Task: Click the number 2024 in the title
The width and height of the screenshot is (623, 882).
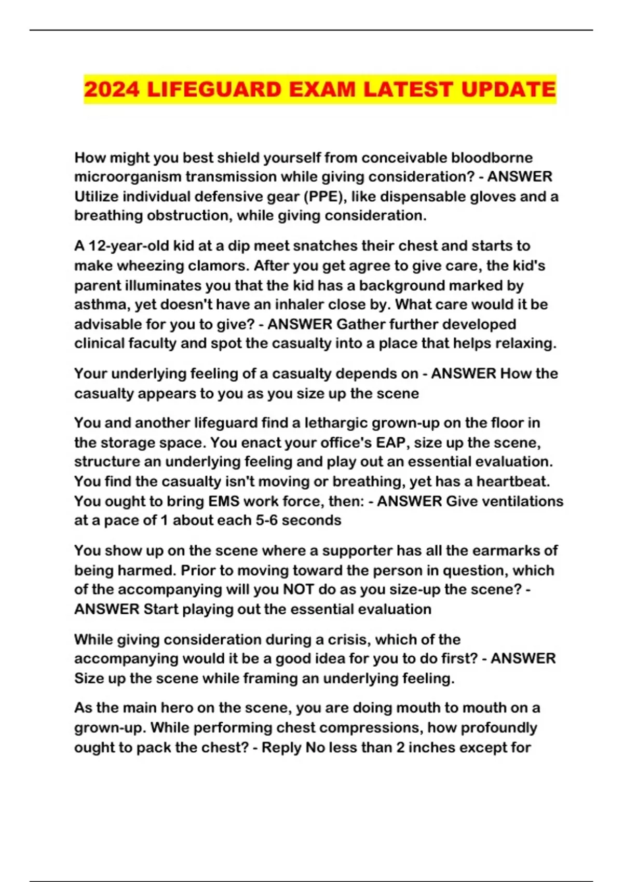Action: pyautogui.click(x=112, y=89)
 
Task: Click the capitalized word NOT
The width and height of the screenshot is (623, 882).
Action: pyautogui.click(x=299, y=590)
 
